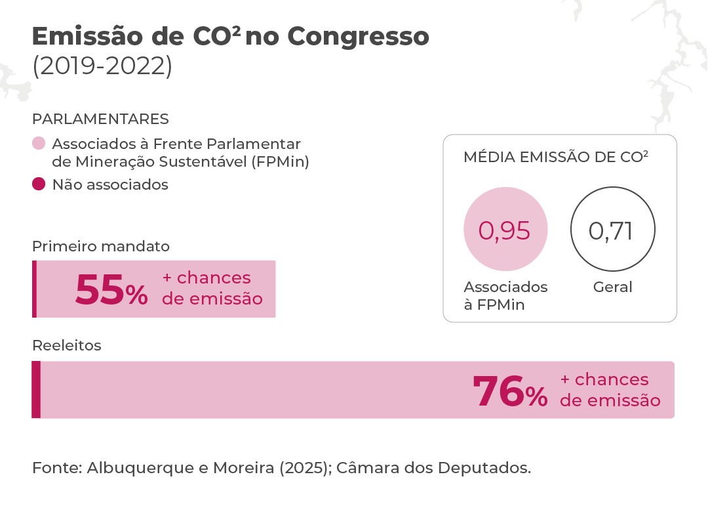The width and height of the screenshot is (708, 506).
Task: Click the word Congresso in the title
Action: click(x=358, y=37)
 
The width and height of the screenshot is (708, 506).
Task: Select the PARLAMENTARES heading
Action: click(x=100, y=119)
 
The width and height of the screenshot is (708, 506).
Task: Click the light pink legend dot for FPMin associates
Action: click(x=39, y=144)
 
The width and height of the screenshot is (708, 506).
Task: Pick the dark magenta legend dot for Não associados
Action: click(x=39, y=184)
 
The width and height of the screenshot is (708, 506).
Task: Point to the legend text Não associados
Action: click(x=110, y=184)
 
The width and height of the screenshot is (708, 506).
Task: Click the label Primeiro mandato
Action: click(x=101, y=246)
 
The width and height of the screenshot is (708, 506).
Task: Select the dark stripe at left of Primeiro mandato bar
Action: click(x=34, y=289)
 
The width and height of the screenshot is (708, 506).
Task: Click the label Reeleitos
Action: click(x=67, y=345)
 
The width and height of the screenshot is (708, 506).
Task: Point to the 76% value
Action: click(x=509, y=392)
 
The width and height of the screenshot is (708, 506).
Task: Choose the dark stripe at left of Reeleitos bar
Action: click(x=36, y=389)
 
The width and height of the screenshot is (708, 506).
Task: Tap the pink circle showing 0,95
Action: click(x=504, y=230)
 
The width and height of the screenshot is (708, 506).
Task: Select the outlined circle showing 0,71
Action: click(x=612, y=230)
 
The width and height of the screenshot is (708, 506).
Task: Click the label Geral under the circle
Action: click(x=612, y=287)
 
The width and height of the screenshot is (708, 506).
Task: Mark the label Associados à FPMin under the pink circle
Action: click(x=504, y=295)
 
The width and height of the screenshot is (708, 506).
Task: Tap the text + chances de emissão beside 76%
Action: click(x=610, y=390)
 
